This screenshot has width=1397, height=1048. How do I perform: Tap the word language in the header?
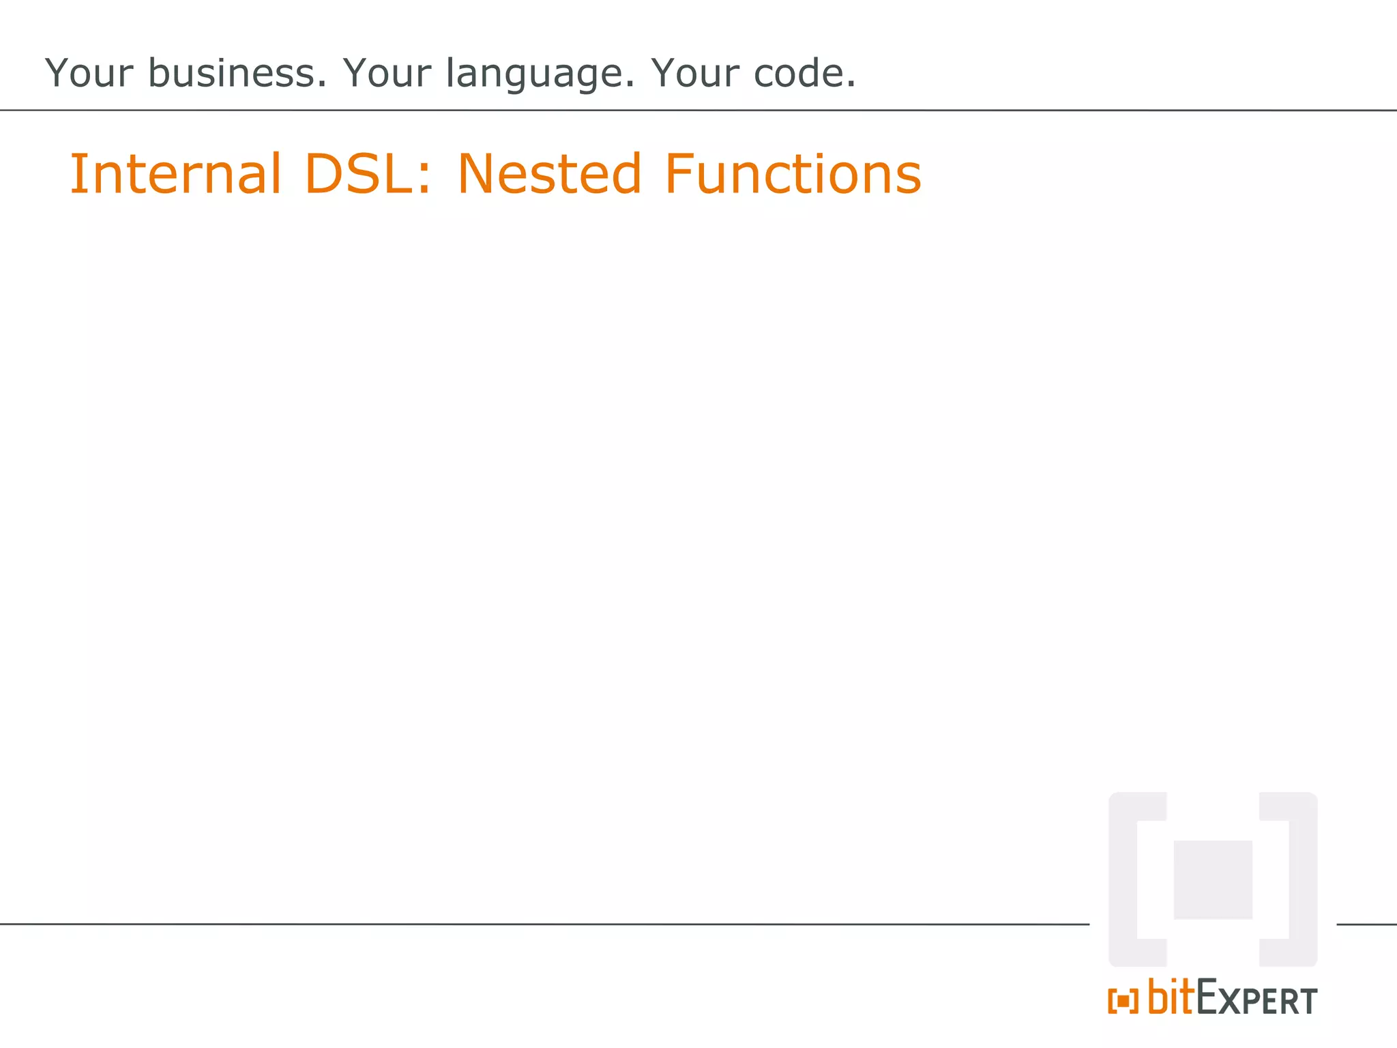point(539,74)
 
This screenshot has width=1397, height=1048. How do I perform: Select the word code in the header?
point(799,73)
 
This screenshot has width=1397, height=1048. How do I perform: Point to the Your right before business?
point(89,73)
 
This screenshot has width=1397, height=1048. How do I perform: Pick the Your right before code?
point(694,73)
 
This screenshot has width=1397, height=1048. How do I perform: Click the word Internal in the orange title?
point(175,173)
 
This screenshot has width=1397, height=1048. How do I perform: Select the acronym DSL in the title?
point(358,173)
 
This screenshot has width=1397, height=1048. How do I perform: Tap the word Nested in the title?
point(549,173)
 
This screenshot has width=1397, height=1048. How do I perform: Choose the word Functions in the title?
point(793,173)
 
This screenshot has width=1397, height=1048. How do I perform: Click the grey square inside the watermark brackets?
point(1213,879)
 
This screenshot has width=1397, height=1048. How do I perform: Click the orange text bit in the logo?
point(1171,997)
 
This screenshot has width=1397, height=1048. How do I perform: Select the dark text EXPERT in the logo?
point(1256,999)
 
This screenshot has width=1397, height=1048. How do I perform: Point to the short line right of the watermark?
point(1366,925)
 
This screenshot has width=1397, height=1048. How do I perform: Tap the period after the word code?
point(851,85)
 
